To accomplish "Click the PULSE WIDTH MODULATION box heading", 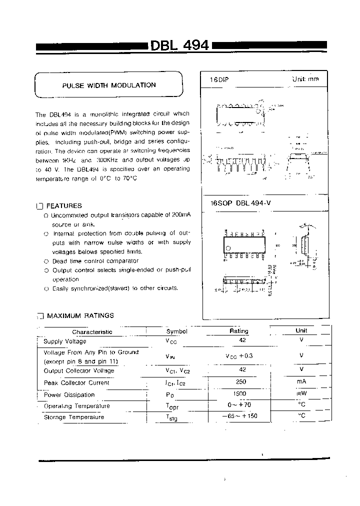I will click(108, 85).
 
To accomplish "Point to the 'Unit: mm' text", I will click(305, 79).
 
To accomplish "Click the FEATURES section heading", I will click(64, 205).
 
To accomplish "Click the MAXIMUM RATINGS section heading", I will click(80, 315).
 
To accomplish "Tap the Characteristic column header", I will click(92, 331).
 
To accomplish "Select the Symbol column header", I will click(176, 331).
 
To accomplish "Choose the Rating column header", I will click(238, 331).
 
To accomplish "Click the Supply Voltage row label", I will click(65, 341).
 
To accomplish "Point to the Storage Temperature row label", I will click(74, 417).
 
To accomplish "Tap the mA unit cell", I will click(301, 382).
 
